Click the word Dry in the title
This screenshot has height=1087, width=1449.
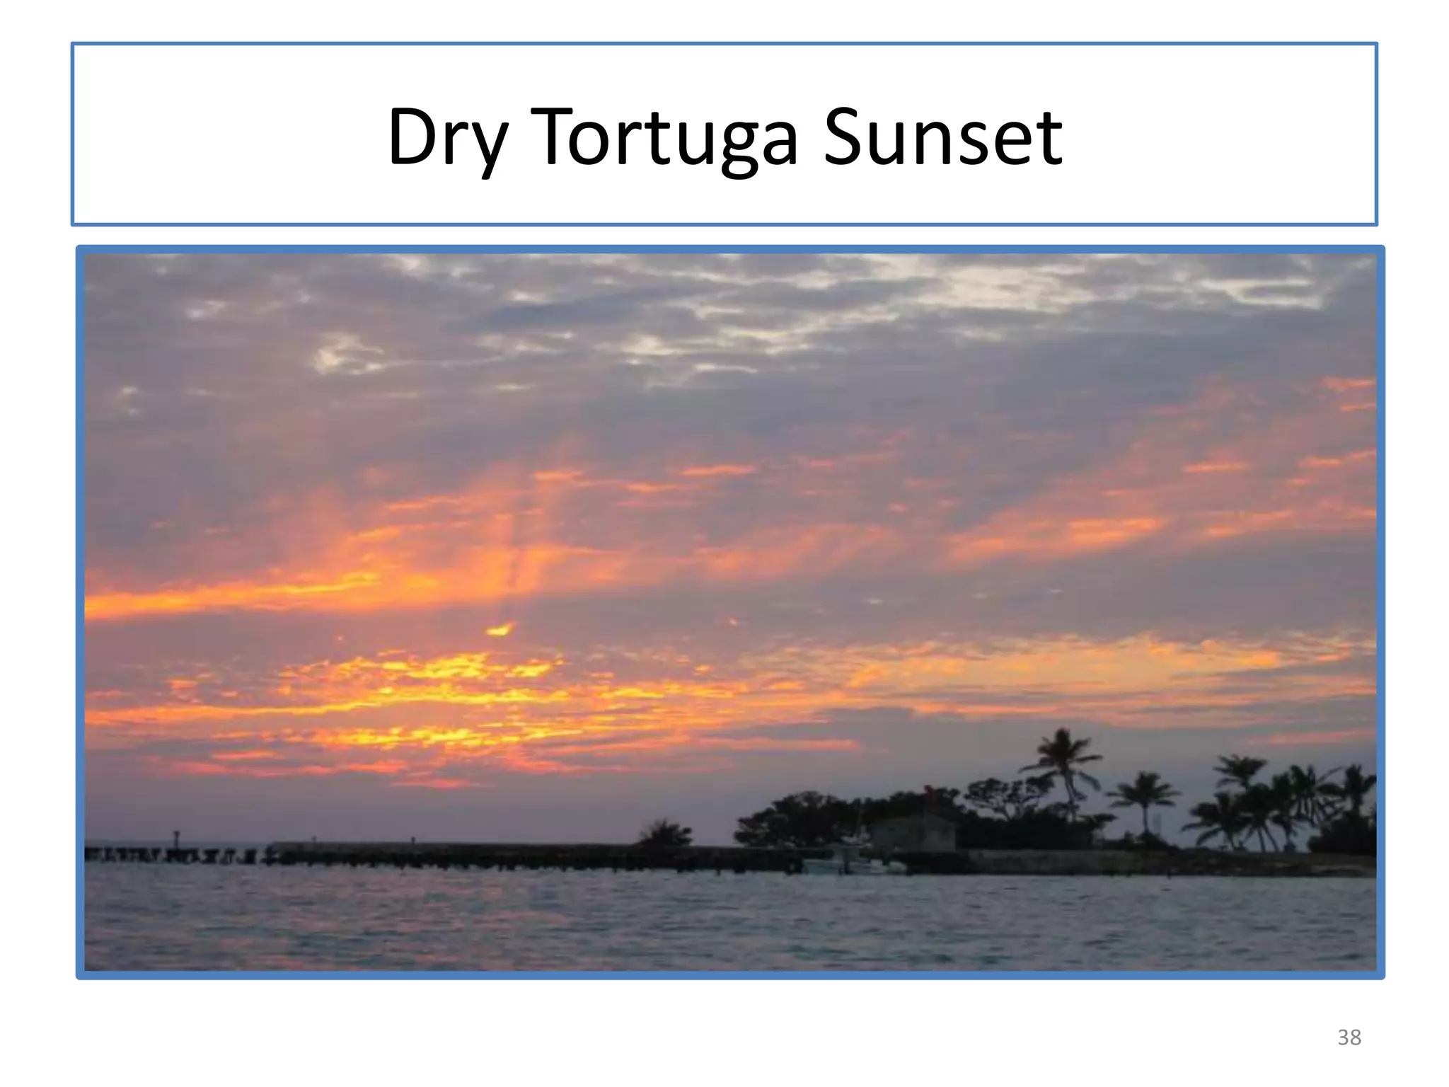pyautogui.click(x=447, y=137)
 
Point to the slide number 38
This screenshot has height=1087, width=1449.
pyautogui.click(x=1349, y=1037)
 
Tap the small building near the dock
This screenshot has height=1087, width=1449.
pyautogui.click(x=913, y=834)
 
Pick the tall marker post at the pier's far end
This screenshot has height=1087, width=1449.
pyautogui.click(x=176, y=840)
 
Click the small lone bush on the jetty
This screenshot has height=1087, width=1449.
pyautogui.click(x=665, y=834)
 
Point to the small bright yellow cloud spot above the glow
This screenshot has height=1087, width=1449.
pyautogui.click(x=500, y=630)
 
